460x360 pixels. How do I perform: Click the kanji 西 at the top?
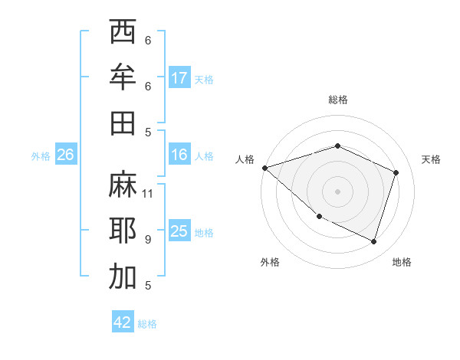pos(123,33)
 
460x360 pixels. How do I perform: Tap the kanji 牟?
pos(123,77)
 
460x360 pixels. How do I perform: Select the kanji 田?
pos(123,123)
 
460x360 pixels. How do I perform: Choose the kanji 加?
pos(123,276)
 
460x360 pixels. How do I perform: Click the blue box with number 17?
pos(179,78)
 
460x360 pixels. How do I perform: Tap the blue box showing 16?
pos(179,155)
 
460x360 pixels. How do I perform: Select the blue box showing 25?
pos(179,231)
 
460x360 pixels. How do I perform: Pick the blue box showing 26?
pos(66,155)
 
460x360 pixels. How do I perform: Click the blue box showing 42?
pos(123,322)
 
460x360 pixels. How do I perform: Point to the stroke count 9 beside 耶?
pos(148,239)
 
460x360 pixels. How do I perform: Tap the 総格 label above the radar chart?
pos(338,100)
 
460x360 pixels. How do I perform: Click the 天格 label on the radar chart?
pos(431,159)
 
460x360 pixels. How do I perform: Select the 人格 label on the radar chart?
pos(245,159)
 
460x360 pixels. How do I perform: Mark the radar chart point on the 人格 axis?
pos(264,167)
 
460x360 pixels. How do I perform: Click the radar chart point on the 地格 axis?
pos(374,241)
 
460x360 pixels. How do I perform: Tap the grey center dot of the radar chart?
pos(338,191)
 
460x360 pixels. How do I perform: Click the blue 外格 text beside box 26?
pos(41,155)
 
